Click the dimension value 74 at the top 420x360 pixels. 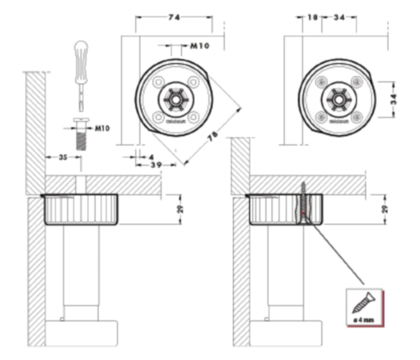tap(174, 17)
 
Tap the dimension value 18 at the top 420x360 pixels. tap(312, 18)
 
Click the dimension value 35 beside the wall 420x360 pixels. tap(63, 157)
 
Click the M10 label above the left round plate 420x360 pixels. tap(200, 45)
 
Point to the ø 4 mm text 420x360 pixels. tap(364, 320)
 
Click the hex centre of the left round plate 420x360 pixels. tap(175, 99)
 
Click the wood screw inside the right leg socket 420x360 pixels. tap(303, 204)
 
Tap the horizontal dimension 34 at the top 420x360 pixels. tap(339, 18)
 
